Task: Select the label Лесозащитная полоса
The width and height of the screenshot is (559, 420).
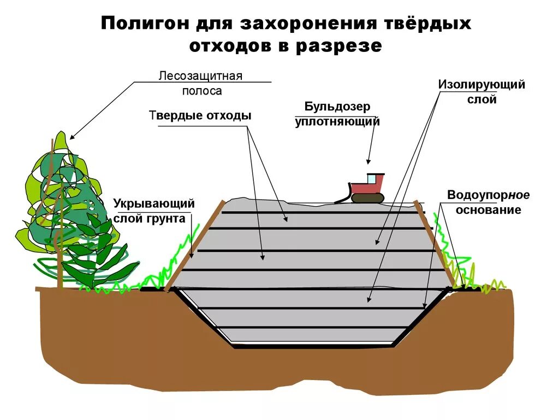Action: click(x=200, y=83)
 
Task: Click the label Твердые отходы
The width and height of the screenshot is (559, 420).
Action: click(x=200, y=116)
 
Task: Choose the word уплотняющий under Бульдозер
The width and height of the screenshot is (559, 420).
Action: click(x=337, y=121)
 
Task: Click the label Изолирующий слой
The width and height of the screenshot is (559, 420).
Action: click(x=481, y=92)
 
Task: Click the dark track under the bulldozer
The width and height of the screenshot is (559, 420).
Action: click(x=367, y=197)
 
